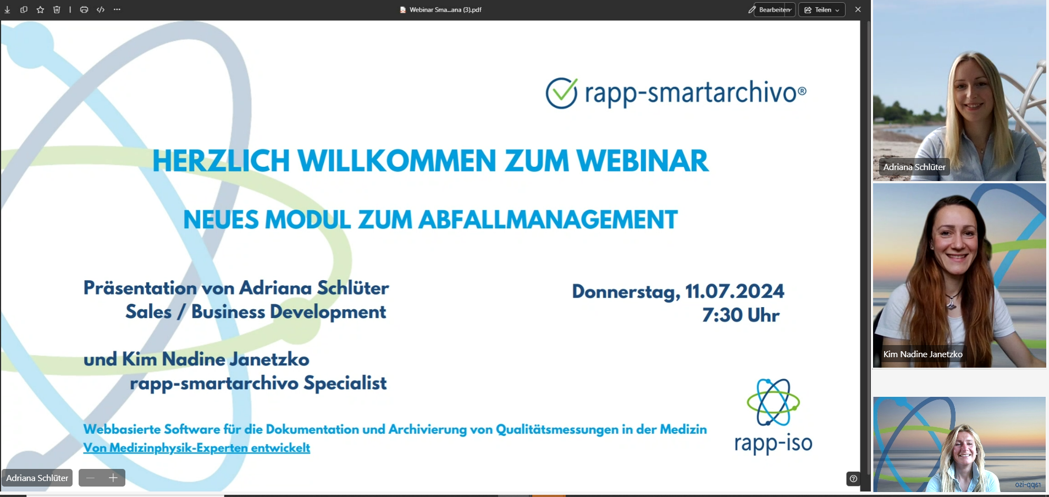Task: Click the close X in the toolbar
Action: [x=858, y=9]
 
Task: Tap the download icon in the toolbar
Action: [x=7, y=10]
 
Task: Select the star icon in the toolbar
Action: [x=40, y=10]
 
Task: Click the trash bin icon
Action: [x=57, y=10]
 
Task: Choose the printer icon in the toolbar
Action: [x=84, y=10]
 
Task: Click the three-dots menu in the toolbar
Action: [x=117, y=10]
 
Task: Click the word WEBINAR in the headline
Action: [x=643, y=161]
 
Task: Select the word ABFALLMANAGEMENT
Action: [x=548, y=220]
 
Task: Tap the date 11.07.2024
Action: [x=735, y=291]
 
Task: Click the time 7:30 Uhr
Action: [x=741, y=315]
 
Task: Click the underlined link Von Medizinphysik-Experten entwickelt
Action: [x=197, y=448]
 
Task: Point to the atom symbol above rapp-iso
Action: [x=773, y=402]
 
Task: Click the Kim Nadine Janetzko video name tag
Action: [x=923, y=354]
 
